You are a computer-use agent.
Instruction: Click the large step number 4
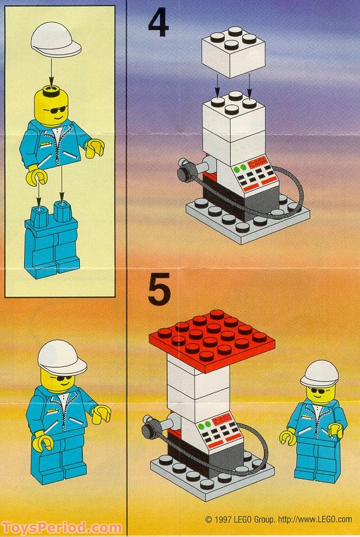pyautogui.click(x=159, y=25)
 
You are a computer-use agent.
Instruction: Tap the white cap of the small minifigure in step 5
pyautogui.click(x=319, y=373)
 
